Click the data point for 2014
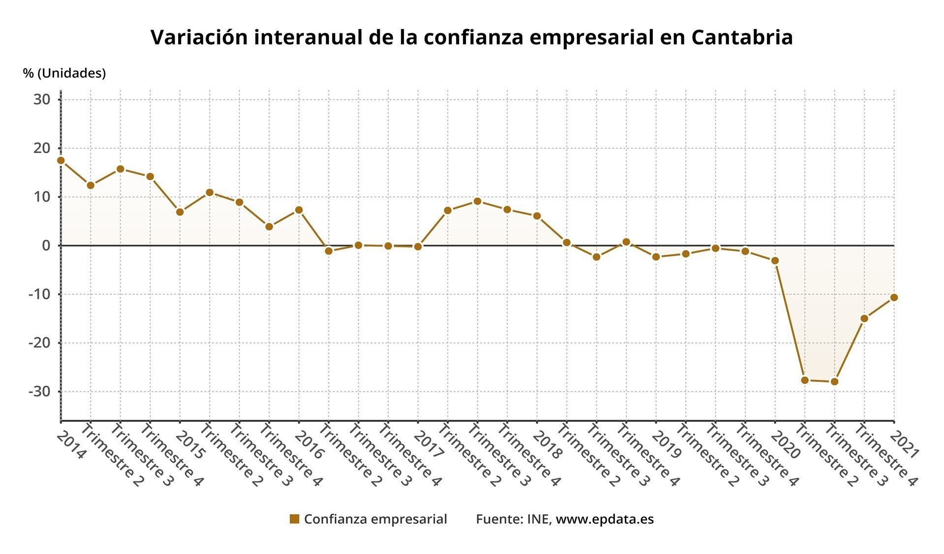click(61, 160)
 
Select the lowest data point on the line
click(834, 381)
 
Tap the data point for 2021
click(894, 297)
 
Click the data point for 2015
click(180, 212)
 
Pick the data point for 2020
click(775, 261)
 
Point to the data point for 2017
click(418, 247)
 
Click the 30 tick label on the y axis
click(42, 100)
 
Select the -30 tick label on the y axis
click(39, 392)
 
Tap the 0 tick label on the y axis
click(46, 246)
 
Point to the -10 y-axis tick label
click(39, 294)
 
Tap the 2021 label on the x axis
click(906, 445)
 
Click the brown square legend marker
click(294, 519)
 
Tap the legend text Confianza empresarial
click(375, 519)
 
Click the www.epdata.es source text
click(605, 519)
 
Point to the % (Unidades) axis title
click(64, 73)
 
